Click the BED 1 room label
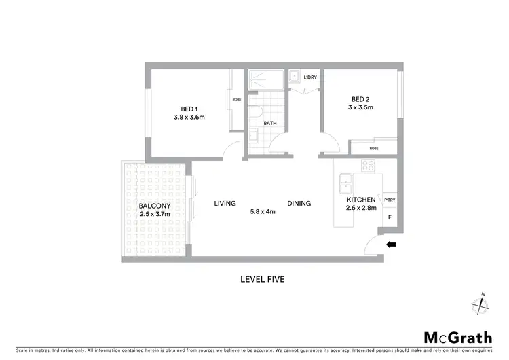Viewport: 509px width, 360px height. coord(189,109)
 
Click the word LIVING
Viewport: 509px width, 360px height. coord(225,203)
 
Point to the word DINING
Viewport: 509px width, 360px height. coord(299,203)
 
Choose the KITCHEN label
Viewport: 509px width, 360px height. coord(361,200)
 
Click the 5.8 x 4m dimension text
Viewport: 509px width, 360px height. coord(262,211)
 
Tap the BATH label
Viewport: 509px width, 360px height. coord(270,123)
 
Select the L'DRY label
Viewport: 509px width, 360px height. coord(310,77)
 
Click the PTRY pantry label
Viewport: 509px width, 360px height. coord(390,200)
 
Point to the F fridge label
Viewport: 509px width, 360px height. coord(390,217)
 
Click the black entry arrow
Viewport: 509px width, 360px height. coord(391,245)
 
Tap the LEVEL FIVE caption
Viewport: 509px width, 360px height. coord(262,278)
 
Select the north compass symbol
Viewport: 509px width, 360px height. coord(481,305)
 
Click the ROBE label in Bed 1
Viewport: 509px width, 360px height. coord(237,100)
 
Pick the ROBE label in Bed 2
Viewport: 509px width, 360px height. coord(374,148)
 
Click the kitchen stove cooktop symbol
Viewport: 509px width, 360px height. coord(367,165)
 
